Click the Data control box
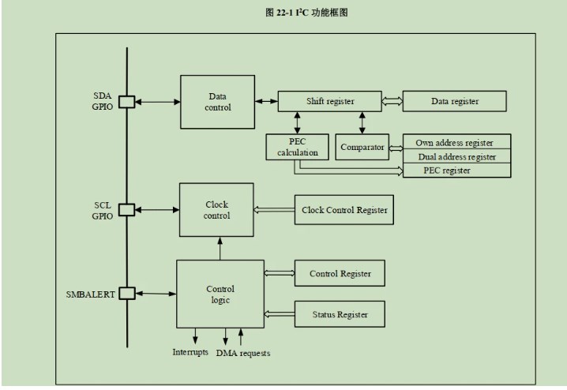pos(217,101)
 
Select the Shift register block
pos(330,101)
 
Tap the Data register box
pos(454,101)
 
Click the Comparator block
pos(362,147)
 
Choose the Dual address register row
pos(457,156)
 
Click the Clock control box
pos(216,209)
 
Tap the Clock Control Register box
pos(344,210)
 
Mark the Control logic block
pos(220,294)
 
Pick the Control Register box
pos(340,273)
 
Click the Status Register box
pos(340,314)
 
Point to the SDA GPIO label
pos(103,101)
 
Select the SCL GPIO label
pos(103,210)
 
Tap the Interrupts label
pos(190,351)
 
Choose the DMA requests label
pos(243,353)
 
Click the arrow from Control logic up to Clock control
pos(220,248)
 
